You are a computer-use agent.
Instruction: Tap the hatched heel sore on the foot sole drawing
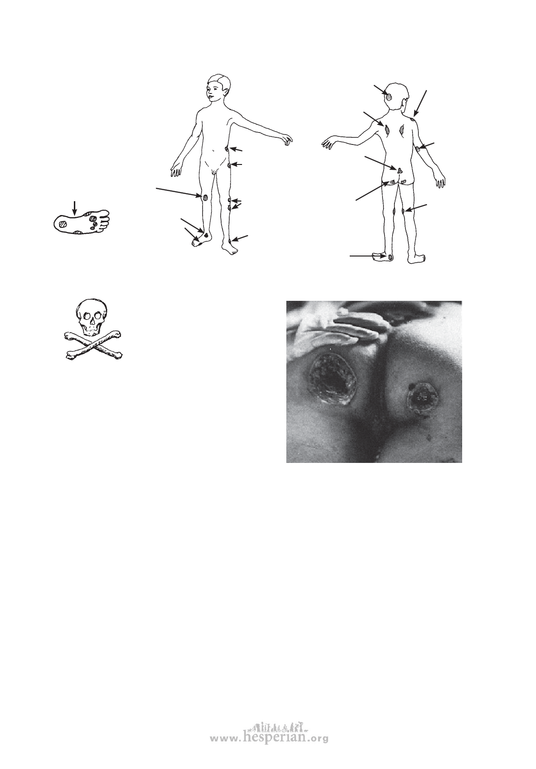pyautogui.click(x=62, y=224)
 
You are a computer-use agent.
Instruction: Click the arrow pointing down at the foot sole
pyautogui.click(x=74, y=208)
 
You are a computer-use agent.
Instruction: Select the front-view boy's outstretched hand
pyautogui.click(x=286, y=141)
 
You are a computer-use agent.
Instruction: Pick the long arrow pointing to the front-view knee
pyautogui.click(x=178, y=192)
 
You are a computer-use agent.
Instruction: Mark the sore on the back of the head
pyautogui.click(x=389, y=97)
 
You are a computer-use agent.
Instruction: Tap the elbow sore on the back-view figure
pyautogui.click(x=418, y=149)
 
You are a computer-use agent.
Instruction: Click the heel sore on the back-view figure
pyautogui.click(x=390, y=256)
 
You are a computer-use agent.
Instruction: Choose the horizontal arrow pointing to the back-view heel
pyautogui.click(x=368, y=256)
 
